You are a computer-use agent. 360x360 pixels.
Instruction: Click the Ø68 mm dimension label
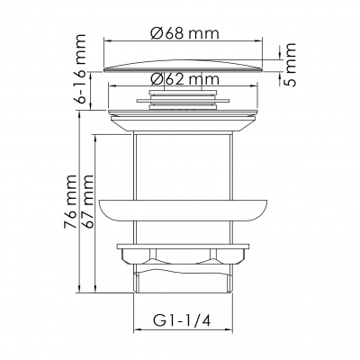tap(184, 33)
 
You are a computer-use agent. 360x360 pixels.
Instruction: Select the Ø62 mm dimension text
tap(184, 79)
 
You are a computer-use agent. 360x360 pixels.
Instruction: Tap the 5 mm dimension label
tap(290, 65)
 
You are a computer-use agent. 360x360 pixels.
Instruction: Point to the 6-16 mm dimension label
tap(80, 69)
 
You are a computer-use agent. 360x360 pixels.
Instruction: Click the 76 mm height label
tap(70, 202)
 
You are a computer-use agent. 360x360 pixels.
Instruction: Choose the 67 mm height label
tap(87, 202)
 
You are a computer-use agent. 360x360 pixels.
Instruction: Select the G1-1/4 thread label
tap(182, 321)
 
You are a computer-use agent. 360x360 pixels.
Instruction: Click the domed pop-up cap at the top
tap(183, 66)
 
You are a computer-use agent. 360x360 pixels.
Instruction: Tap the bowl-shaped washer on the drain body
tap(183, 211)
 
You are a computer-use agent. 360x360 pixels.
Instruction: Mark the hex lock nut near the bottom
tap(183, 254)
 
